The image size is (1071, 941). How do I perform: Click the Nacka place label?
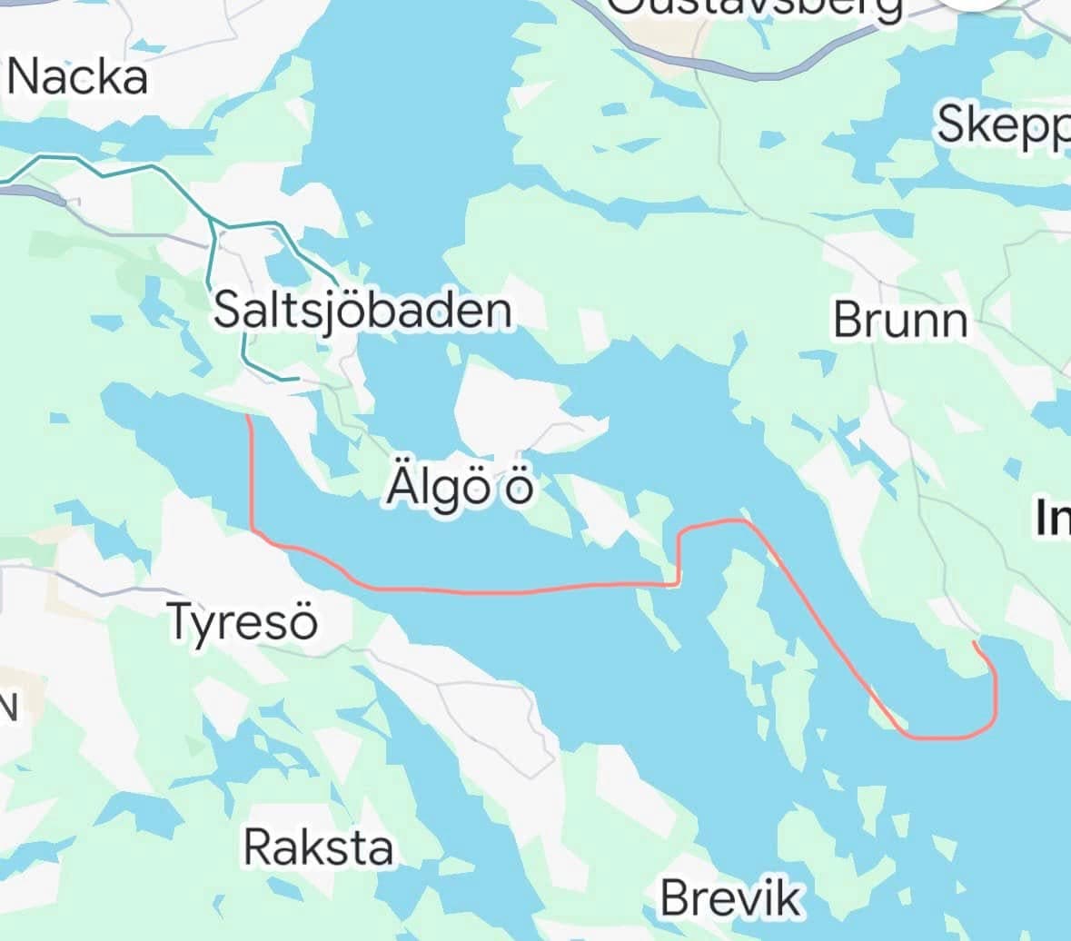coord(77,78)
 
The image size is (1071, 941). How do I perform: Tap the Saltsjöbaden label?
coord(362,311)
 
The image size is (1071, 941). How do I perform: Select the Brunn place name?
coord(900,320)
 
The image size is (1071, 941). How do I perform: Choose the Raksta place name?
coord(319,847)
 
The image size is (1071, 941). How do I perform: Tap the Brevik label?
coord(731,897)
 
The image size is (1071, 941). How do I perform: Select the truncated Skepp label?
coord(1003,124)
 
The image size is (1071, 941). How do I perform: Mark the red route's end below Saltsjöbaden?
coord(248,417)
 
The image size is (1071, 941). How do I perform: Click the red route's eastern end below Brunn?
coord(974,642)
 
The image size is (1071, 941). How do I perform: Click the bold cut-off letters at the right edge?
coord(1053,519)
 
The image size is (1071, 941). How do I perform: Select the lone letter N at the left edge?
coord(8,707)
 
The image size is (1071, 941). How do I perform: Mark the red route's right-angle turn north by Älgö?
coord(678,583)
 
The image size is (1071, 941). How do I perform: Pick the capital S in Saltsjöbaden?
coord(227,311)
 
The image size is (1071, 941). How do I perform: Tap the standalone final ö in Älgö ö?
coord(520,488)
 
